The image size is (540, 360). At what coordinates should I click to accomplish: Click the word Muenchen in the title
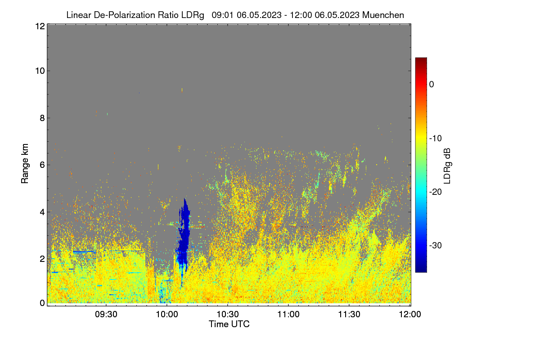click(x=383, y=15)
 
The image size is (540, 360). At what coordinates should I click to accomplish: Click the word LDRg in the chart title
click(x=193, y=15)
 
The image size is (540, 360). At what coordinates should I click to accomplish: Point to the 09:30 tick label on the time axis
click(x=106, y=314)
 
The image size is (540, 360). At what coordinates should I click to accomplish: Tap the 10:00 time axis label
click(x=167, y=314)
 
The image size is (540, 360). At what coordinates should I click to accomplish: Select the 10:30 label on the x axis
click(x=228, y=314)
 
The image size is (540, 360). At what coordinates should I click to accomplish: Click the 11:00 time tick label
click(x=288, y=314)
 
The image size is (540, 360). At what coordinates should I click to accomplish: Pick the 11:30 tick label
click(x=349, y=314)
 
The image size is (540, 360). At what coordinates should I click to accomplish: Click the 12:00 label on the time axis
click(x=410, y=314)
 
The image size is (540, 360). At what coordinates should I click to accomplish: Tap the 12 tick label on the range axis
click(x=40, y=26)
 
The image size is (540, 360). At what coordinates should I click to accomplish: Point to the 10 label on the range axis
click(x=40, y=71)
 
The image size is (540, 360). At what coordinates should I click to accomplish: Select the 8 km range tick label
click(x=43, y=118)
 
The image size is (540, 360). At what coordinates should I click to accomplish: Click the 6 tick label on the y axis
click(x=43, y=165)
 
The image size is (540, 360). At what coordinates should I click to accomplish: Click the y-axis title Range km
click(x=25, y=163)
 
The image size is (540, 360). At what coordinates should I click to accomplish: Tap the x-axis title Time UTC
click(x=229, y=324)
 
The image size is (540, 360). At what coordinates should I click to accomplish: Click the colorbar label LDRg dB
click(x=447, y=166)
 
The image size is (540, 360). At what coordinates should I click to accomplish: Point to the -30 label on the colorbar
click(x=436, y=245)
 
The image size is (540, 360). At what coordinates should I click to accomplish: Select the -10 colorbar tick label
click(x=436, y=139)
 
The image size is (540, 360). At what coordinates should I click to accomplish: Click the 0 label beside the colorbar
click(x=432, y=85)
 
